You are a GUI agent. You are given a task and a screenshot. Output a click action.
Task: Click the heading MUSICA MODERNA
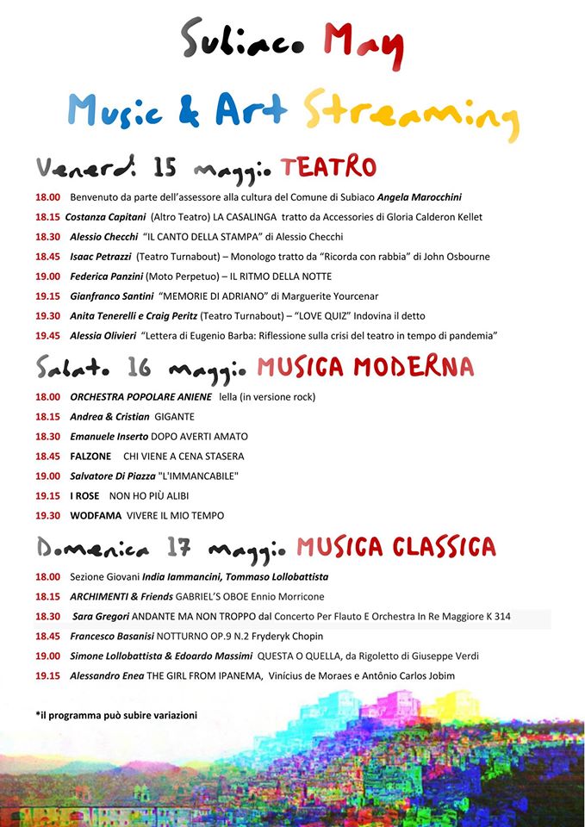click(x=365, y=368)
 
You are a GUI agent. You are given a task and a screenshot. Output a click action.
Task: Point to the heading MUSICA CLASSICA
click(x=396, y=546)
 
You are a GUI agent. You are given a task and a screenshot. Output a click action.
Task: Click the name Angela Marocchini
click(x=420, y=197)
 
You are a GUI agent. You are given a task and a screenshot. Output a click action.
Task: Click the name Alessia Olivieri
click(x=103, y=335)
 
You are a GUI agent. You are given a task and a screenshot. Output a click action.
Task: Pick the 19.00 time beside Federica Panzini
click(x=47, y=277)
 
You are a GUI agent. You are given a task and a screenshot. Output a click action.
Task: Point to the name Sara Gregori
click(x=101, y=616)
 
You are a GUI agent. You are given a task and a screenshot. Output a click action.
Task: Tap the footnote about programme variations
click(x=116, y=715)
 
